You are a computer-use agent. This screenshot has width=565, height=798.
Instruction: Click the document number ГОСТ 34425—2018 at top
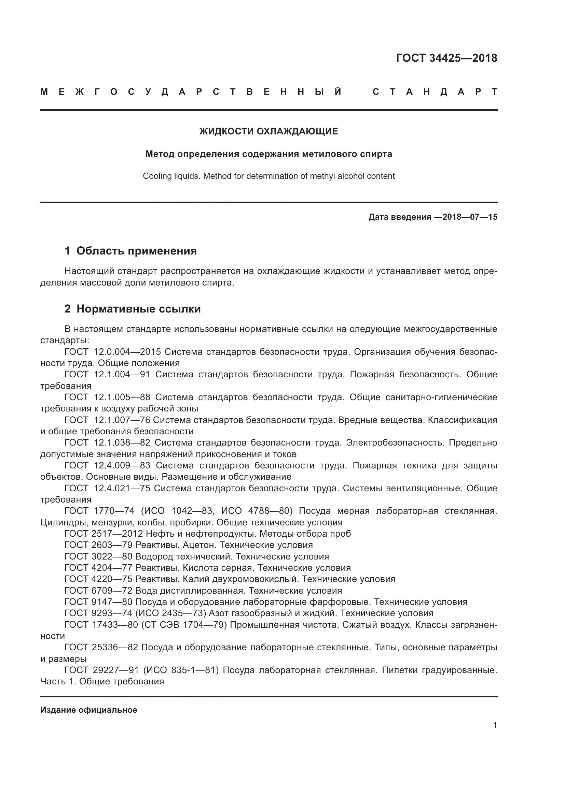(x=446, y=58)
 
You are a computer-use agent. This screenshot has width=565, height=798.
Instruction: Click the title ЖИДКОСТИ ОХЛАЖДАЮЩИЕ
(x=268, y=131)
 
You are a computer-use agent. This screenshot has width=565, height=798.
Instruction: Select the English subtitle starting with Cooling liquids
(x=268, y=176)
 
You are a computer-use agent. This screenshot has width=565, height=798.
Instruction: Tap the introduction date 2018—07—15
(x=470, y=217)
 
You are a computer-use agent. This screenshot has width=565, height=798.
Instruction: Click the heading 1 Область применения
(x=130, y=251)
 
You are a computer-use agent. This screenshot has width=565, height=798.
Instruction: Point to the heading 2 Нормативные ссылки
(x=133, y=309)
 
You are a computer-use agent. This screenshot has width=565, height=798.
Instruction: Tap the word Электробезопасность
(x=395, y=443)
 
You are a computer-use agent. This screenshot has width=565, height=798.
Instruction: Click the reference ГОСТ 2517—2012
(x=104, y=534)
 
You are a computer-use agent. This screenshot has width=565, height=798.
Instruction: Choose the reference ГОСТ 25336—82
(x=101, y=648)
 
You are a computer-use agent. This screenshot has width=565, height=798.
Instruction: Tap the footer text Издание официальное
(x=89, y=710)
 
